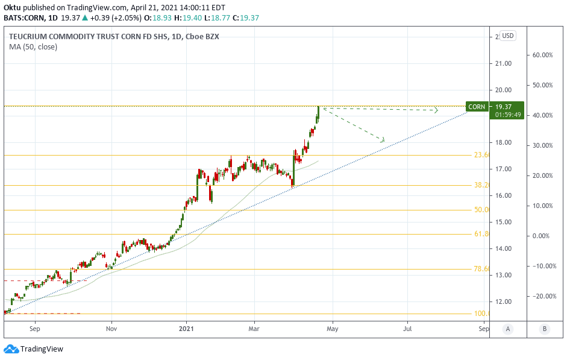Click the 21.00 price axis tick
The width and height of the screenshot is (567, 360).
tap(504, 63)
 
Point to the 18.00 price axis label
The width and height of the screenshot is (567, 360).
tap(504, 143)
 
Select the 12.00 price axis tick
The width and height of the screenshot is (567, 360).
tap(504, 302)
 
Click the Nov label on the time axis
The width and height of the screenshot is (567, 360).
tap(111, 329)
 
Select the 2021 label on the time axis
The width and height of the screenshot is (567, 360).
tap(187, 329)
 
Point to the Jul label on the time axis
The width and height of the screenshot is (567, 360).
tap(408, 329)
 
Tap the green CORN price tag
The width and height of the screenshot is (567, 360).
tap(476, 107)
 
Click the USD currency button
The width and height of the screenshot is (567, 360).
tap(508, 36)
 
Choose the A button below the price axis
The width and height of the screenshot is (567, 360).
tap(508, 329)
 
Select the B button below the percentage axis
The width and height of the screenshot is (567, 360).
tap(545, 329)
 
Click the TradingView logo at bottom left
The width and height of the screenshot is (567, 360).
tap(34, 349)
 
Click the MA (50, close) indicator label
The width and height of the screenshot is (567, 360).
tap(33, 46)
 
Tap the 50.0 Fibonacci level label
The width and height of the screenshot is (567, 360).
tap(481, 210)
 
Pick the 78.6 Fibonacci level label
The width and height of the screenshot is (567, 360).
tap(481, 270)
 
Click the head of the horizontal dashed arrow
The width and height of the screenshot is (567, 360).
tap(435, 110)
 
